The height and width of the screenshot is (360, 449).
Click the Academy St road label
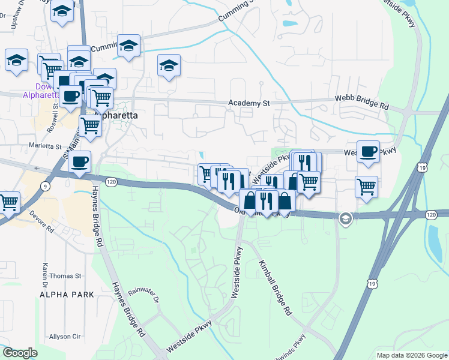click(x=249, y=103)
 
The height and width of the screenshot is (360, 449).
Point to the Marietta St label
click(x=45, y=146)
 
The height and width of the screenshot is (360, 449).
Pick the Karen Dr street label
click(x=44, y=274)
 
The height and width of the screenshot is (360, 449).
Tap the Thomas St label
click(x=65, y=276)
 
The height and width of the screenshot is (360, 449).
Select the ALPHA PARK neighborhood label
click(x=67, y=294)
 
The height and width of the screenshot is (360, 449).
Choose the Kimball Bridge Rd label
click(x=276, y=288)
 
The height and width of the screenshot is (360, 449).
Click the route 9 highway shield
click(x=46, y=187)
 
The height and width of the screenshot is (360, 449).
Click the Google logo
click(x=20, y=353)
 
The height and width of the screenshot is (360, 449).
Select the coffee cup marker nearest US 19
click(x=367, y=151)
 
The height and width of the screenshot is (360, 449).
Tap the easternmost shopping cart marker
click(x=366, y=186)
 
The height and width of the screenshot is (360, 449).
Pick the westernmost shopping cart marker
click(x=9, y=202)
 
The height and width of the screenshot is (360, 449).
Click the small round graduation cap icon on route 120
click(x=345, y=218)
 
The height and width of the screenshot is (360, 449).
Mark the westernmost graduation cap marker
click(x=16, y=59)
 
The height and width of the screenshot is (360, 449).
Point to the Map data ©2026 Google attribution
click(x=412, y=355)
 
